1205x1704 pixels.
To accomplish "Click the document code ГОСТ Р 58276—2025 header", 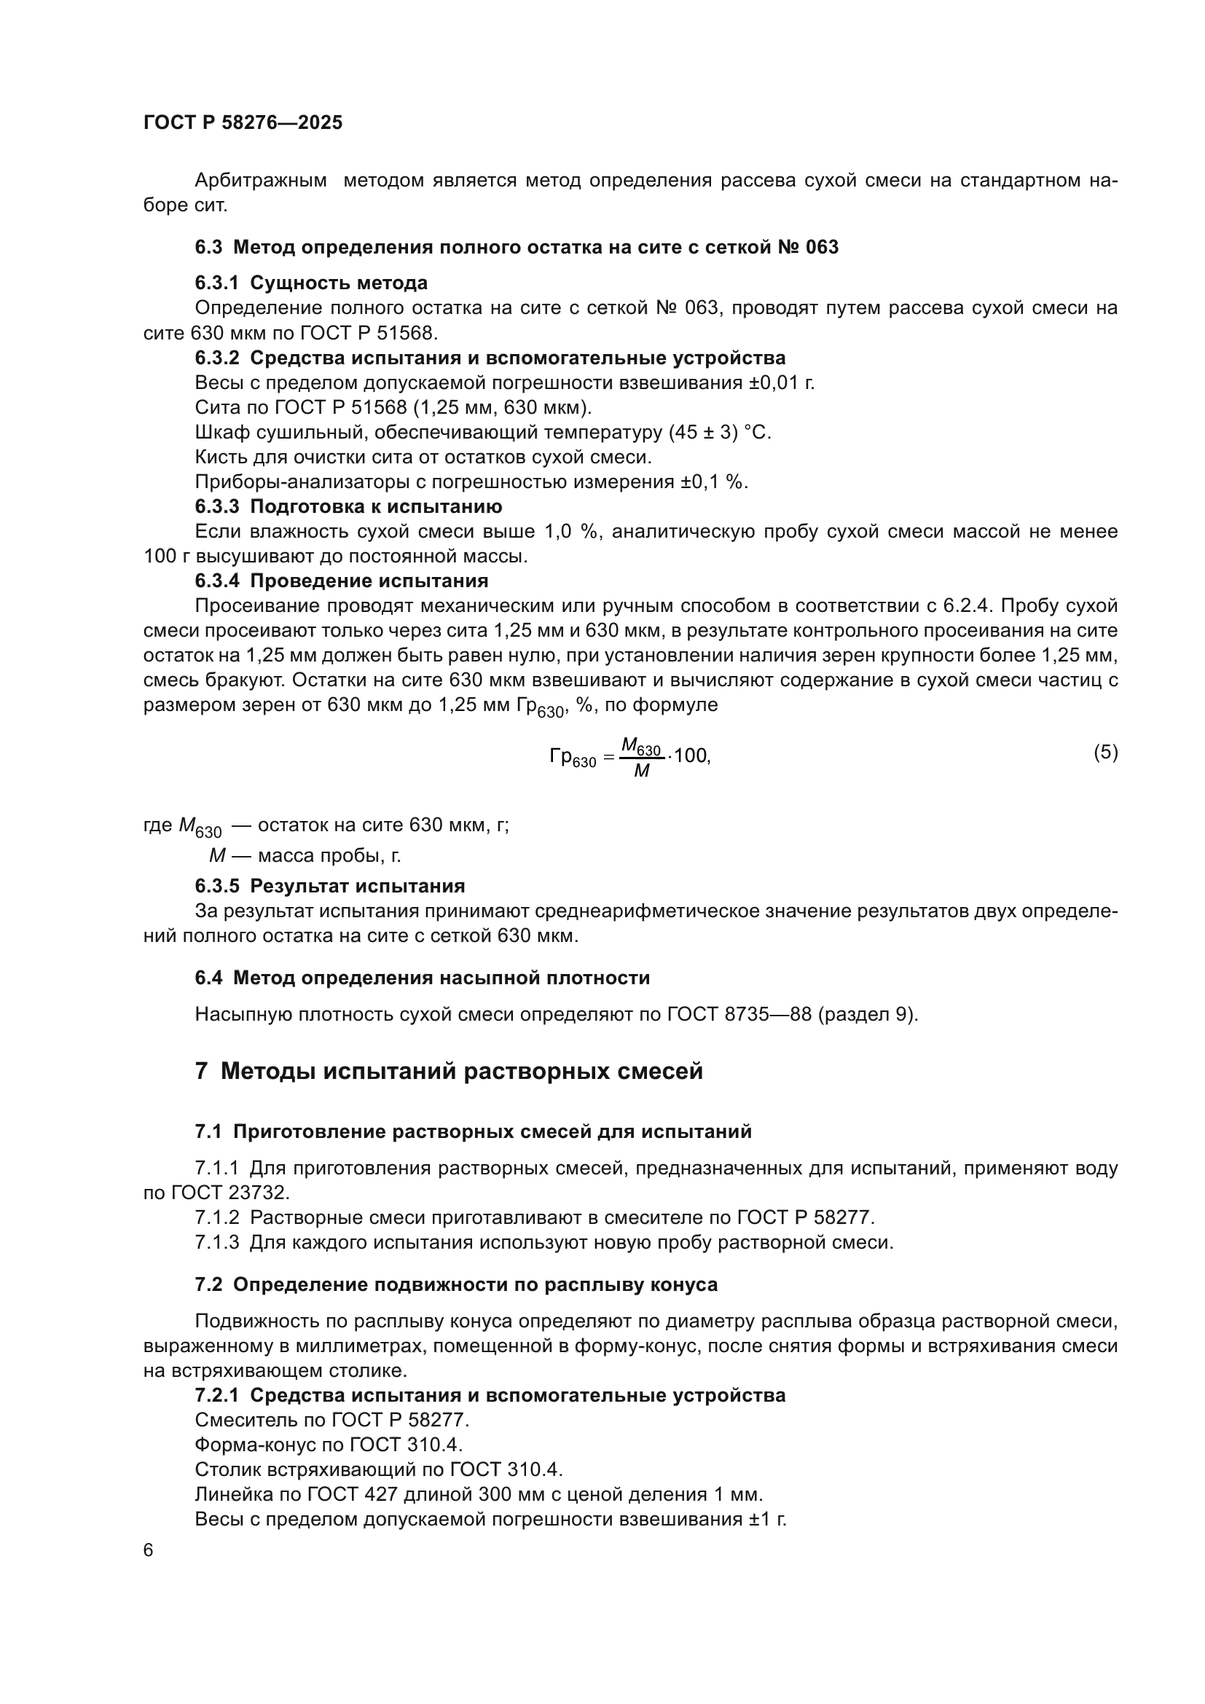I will [x=243, y=123].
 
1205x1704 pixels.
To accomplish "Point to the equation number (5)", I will [x=1105, y=753].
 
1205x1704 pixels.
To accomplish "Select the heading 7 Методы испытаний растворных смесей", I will [x=449, y=1072].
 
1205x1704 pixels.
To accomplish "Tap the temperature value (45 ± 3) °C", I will [x=719, y=432].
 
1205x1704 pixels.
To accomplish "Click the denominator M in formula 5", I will [x=641, y=771].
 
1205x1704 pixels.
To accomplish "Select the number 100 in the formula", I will [x=691, y=756].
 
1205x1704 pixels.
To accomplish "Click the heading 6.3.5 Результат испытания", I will [x=330, y=886].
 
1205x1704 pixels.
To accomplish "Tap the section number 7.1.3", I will [x=216, y=1242].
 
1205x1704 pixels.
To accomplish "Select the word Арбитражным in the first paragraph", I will [x=260, y=181].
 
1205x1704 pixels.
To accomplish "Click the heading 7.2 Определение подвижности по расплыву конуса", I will [x=456, y=1284].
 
